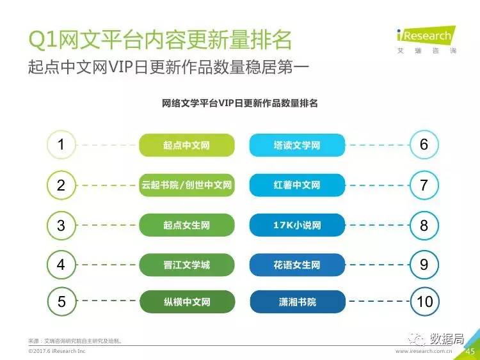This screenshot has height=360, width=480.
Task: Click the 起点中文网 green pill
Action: (x=187, y=145)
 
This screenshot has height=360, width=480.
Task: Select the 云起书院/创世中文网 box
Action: (x=187, y=185)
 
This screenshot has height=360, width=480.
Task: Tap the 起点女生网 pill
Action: (x=187, y=225)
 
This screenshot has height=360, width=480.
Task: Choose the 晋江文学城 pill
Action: (x=187, y=265)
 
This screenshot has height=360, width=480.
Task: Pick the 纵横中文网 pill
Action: (x=188, y=302)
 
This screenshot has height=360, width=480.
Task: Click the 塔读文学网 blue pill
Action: (x=297, y=145)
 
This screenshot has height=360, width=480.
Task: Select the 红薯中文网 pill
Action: (x=297, y=185)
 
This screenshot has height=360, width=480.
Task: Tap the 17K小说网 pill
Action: (x=297, y=225)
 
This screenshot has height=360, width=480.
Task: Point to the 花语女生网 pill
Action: (x=297, y=265)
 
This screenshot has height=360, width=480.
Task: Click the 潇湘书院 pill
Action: (x=298, y=302)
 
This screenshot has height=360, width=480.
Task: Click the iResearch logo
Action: (x=426, y=40)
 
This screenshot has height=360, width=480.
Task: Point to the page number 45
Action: (x=470, y=352)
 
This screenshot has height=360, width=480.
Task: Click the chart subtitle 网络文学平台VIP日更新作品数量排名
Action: (x=240, y=103)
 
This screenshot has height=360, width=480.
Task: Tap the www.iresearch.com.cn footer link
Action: (x=424, y=351)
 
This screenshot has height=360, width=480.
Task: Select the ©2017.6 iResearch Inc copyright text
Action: (x=57, y=351)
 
